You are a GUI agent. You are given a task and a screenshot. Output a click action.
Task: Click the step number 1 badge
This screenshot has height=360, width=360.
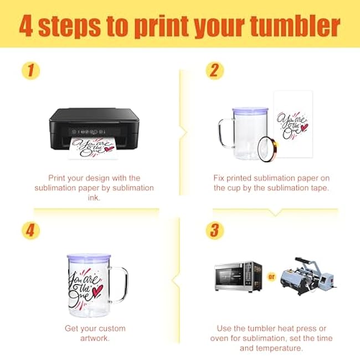tap(30, 70)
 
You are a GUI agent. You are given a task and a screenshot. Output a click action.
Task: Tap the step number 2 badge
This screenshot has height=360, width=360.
tap(214, 70)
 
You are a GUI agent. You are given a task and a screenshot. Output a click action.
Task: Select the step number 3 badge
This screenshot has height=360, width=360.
tap(214, 230)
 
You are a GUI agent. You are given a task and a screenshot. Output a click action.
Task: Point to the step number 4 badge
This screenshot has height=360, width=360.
tap(30, 230)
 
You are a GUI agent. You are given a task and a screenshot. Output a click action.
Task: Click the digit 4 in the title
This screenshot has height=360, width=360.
tap(26, 25)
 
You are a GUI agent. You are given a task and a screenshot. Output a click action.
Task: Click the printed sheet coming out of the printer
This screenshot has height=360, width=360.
tap(94, 148)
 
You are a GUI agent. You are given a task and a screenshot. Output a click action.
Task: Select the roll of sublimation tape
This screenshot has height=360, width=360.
tap(268, 149)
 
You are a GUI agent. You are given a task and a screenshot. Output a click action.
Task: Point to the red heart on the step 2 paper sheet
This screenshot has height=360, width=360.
tap(305, 127)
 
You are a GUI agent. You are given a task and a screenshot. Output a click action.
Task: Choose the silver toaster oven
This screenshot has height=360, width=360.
tap(238, 277)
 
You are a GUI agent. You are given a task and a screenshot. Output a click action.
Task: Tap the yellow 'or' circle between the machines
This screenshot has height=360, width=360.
tap(271, 277)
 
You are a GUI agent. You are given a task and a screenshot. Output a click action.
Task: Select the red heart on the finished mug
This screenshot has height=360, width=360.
tap(97, 290)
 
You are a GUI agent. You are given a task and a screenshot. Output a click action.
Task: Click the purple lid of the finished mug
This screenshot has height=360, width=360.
tap(89, 257)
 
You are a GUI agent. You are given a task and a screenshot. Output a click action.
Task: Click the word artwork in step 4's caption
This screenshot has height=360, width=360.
tap(95, 338)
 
